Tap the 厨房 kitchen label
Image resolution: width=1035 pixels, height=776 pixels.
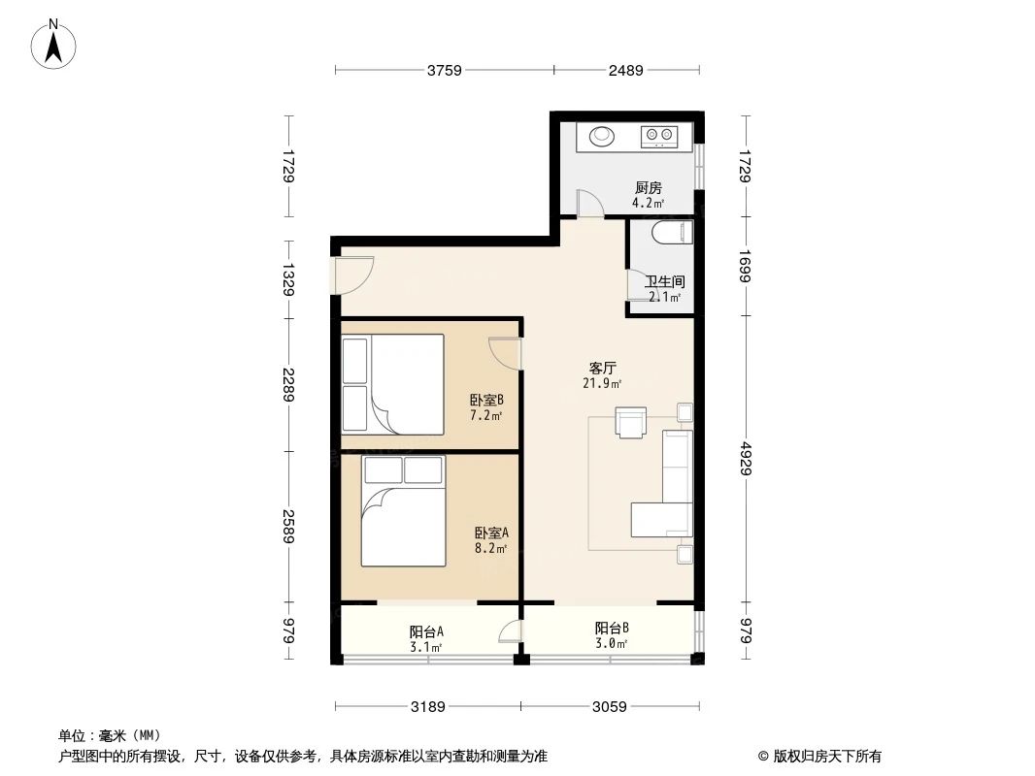coord(649,188)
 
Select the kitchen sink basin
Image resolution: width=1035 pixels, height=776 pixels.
coord(600,136)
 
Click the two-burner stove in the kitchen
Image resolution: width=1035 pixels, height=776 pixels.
coord(659,137)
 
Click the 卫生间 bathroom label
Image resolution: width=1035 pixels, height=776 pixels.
coord(665,282)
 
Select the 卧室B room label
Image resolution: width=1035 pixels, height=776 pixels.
coord(485,400)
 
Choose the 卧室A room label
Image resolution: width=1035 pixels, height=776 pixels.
coord(491,533)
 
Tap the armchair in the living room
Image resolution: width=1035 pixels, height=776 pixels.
coord(631,422)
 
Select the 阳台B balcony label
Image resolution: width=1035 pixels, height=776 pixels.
coord(611,628)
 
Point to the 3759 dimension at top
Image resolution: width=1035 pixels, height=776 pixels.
coord(443,70)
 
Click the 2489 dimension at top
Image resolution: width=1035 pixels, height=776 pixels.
coord(626,70)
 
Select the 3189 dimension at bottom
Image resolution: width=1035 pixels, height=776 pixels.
coord(427,707)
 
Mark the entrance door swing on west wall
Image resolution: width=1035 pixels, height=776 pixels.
coord(353,274)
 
